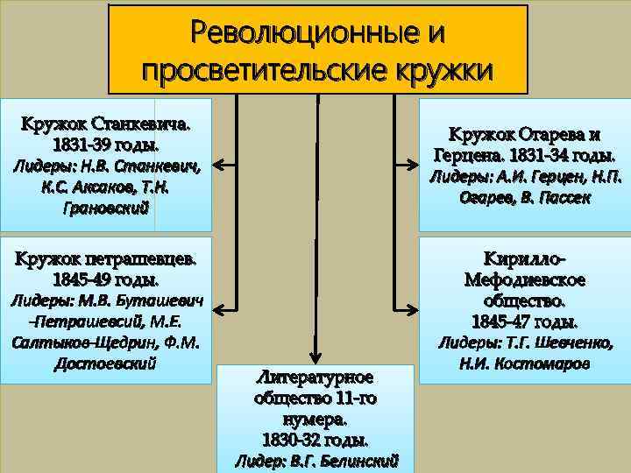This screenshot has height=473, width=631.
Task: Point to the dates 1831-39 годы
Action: pos(106,143)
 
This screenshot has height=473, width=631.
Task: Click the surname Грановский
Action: pos(107,208)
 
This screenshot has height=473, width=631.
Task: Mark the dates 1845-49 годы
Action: pos(106,280)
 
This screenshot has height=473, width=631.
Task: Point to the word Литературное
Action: pos(315,378)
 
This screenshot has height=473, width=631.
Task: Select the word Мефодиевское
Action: pos(525,279)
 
